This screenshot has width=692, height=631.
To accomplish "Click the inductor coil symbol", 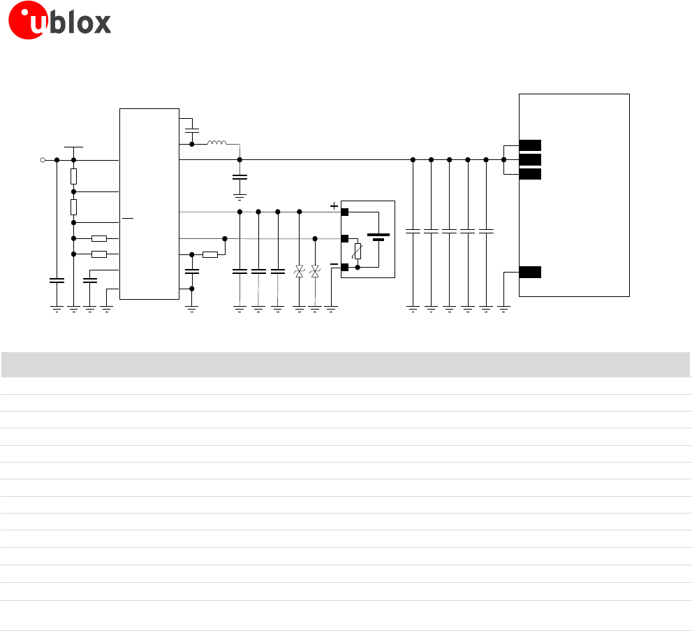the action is (x=216, y=144).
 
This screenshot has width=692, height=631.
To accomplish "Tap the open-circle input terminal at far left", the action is (x=43, y=160).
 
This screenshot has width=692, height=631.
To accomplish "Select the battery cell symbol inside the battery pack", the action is (x=378, y=238).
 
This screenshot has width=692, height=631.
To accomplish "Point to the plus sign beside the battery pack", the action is (x=334, y=206).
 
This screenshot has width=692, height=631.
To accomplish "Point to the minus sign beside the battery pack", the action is (x=334, y=265).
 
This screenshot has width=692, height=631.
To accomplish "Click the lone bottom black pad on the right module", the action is (x=530, y=273).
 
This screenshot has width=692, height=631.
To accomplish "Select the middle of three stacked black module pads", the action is (x=530, y=160).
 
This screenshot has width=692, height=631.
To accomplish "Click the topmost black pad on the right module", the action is (x=530, y=145).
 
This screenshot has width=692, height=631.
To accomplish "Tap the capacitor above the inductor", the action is (x=192, y=131).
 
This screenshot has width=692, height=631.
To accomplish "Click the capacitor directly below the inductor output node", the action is (x=240, y=178).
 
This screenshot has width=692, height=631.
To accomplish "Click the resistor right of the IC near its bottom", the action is (x=209, y=254).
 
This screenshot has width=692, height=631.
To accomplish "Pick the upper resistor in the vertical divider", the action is (x=73, y=175).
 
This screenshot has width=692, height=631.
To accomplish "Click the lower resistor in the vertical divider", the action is (x=73, y=207).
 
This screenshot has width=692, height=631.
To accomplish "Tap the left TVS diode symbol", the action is (x=299, y=271).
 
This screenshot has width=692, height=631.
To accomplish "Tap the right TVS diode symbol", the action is (x=315, y=271).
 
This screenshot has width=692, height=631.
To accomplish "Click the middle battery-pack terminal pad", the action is (x=344, y=238).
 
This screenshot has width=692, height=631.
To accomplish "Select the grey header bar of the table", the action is (x=346, y=365).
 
